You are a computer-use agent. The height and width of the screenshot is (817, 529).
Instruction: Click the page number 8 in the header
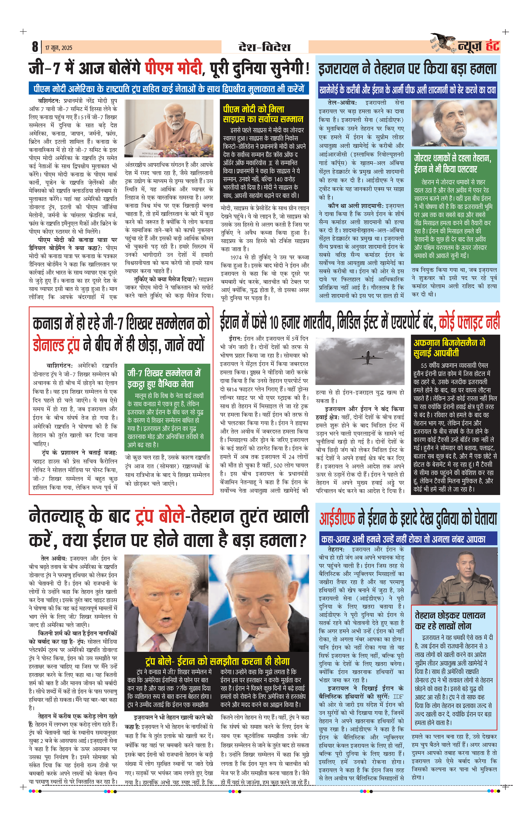click(35, 47)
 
